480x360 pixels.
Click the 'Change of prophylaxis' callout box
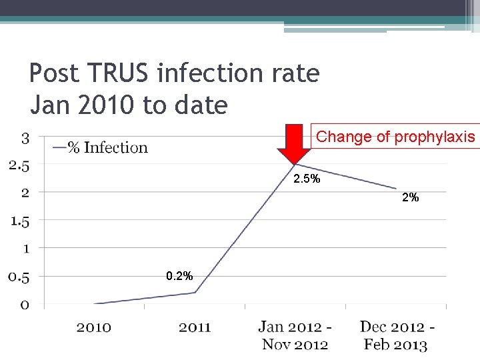click(x=395, y=137)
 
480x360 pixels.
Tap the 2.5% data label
click(x=307, y=179)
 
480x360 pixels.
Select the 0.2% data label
click(x=180, y=275)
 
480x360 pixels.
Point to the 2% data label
click(x=410, y=197)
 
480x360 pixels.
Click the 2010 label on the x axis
click(x=94, y=327)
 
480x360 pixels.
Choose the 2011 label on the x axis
click(x=195, y=327)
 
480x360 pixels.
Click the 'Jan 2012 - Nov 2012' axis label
click(x=295, y=335)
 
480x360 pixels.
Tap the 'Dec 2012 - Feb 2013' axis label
click(x=397, y=335)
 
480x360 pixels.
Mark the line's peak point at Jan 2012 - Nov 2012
click(x=295, y=165)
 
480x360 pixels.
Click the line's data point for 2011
click(x=195, y=293)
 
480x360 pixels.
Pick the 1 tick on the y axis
click(x=25, y=249)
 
